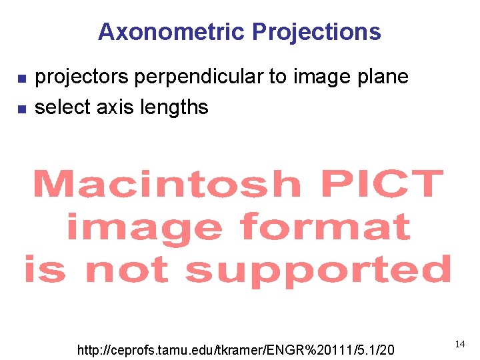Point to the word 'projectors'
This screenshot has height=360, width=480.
pyautogui.click(x=82, y=77)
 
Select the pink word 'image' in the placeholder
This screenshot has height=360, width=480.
pyautogui.click(x=144, y=228)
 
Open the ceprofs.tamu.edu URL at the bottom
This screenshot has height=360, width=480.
pyautogui.click(x=236, y=350)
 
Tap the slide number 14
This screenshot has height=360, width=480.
pyautogui.click(x=460, y=344)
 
